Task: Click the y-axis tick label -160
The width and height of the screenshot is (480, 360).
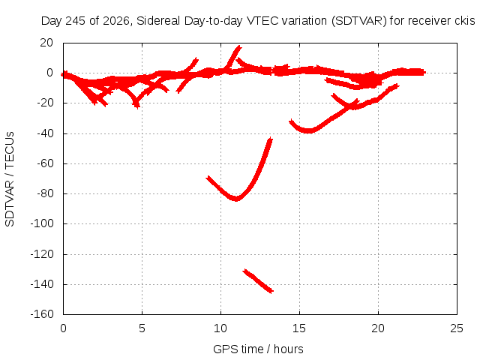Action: coord(42,314)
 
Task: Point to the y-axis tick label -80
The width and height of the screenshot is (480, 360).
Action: coord(45,193)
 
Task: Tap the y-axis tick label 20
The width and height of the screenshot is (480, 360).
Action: coord(46,43)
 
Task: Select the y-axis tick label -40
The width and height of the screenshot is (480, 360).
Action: coord(45,133)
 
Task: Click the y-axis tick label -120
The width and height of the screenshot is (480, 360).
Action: coord(42,253)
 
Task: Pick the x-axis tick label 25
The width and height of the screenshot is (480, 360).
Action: coord(457,328)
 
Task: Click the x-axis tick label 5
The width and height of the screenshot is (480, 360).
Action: coord(142,328)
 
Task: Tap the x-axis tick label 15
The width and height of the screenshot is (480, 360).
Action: coord(299,328)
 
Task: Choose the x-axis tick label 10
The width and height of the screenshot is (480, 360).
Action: coord(220,328)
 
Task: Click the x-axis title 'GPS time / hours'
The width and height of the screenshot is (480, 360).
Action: coord(258,349)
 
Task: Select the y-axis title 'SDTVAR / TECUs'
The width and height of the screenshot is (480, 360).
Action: coord(10,179)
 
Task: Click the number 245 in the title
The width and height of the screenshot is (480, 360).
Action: coord(75,21)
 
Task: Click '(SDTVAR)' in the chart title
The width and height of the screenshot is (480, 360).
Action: coord(359,21)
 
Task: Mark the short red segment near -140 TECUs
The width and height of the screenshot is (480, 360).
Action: coord(258,281)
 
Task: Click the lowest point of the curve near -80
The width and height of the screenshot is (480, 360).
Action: coord(236,199)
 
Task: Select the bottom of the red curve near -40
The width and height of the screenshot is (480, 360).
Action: coord(309,131)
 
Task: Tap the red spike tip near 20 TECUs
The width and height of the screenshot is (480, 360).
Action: coord(239,46)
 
